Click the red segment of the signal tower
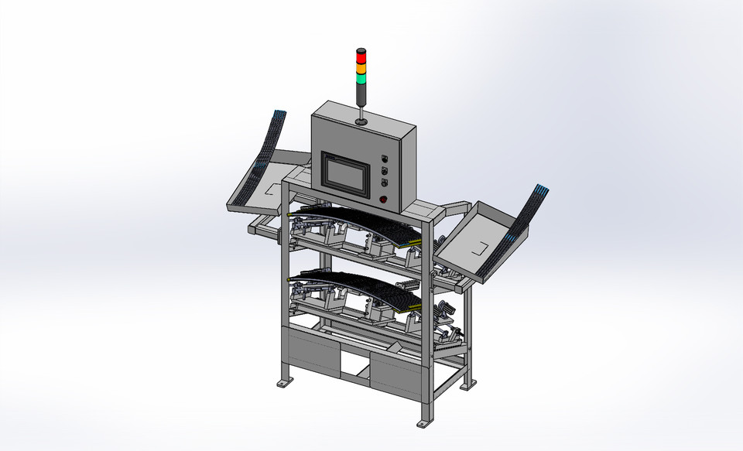click(360, 55)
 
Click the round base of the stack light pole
click(361, 121)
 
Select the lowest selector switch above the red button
click(384, 183)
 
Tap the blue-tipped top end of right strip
click(542, 190)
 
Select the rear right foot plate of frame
click(467, 385)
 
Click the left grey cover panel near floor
click(311, 351)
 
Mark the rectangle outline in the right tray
click(480, 249)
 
